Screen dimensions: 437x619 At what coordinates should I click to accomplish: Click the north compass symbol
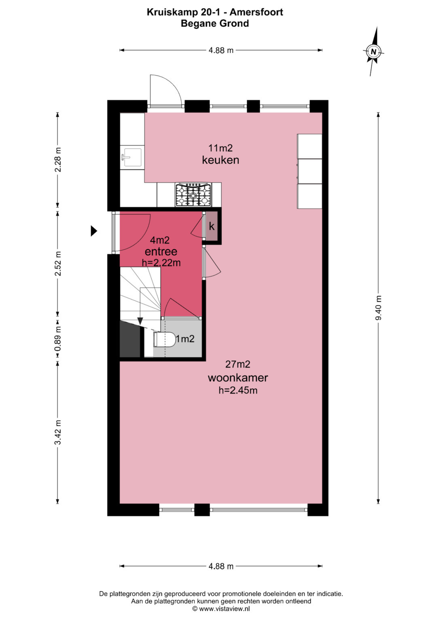tap(373, 51)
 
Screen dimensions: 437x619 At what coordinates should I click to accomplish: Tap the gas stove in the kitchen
tap(193, 195)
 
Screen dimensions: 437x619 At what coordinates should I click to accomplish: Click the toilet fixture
tap(165, 339)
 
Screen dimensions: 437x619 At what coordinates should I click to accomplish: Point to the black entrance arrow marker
tap(94, 231)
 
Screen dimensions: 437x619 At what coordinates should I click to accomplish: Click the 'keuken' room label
tap(221, 160)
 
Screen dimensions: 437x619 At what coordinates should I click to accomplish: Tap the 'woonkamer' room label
tap(238, 378)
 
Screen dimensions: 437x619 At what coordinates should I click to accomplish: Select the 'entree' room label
tap(161, 251)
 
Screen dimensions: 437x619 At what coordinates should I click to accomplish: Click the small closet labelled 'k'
tap(212, 226)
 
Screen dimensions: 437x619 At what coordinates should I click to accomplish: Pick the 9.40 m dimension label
tap(378, 308)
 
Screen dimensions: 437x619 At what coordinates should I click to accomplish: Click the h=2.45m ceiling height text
tap(238, 390)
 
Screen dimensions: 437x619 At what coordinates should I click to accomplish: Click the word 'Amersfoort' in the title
tap(256, 12)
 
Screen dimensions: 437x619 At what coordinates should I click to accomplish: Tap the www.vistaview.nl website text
tap(224, 608)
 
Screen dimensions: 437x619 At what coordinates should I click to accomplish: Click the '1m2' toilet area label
tap(185, 339)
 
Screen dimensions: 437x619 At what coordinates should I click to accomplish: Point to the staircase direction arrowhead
tap(140, 321)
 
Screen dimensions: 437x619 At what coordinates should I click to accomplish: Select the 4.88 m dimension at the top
tap(221, 50)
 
